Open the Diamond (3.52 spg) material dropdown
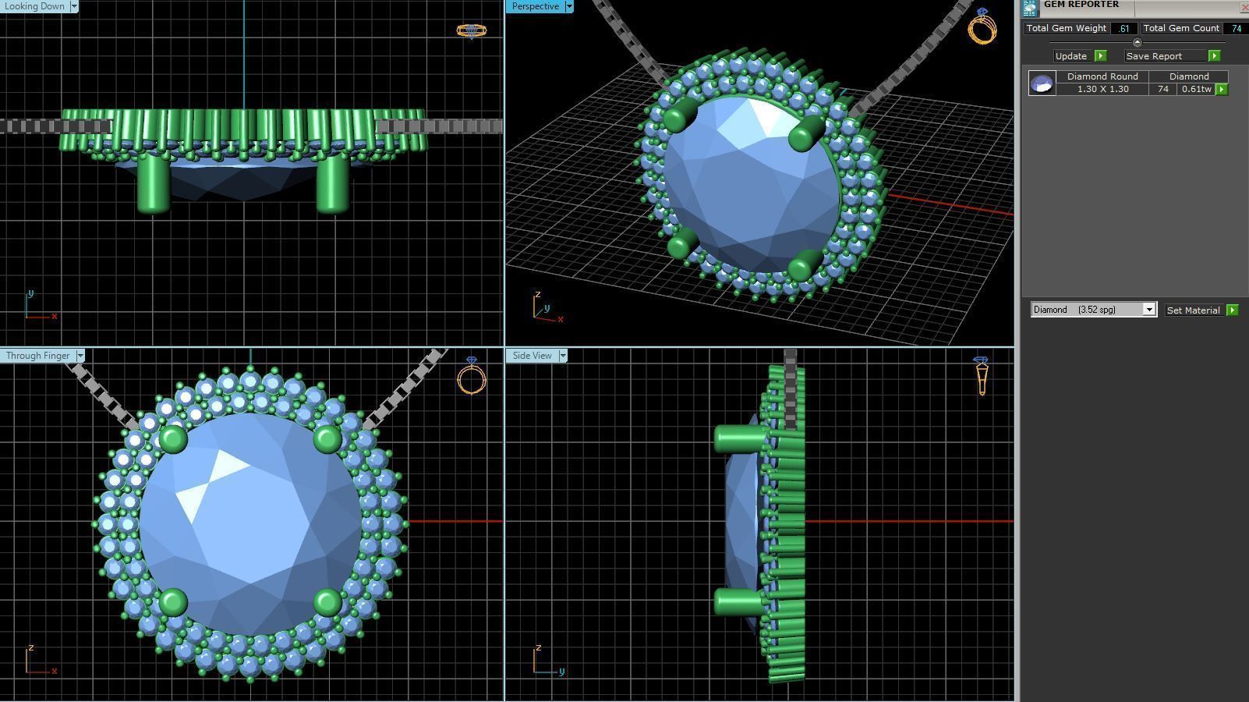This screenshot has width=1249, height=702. tap(1148, 310)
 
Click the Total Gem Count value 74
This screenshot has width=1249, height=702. tap(1236, 28)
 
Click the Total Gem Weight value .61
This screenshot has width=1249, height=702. tap(1123, 28)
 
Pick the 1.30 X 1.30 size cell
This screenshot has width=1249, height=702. tap(1102, 89)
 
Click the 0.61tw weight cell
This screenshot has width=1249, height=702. tap(1195, 89)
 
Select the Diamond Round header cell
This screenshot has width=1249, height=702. tap(1102, 76)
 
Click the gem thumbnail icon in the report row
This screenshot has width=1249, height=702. tap(1042, 83)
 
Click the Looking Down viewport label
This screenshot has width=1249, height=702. tap(34, 6)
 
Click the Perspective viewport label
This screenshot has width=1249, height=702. tap(536, 6)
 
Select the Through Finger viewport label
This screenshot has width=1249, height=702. tap(37, 356)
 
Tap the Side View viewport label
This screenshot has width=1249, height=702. tap(533, 356)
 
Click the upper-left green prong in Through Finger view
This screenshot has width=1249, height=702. tap(173, 439)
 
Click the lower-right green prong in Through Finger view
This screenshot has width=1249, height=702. tap(327, 601)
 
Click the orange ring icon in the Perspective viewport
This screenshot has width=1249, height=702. tap(982, 27)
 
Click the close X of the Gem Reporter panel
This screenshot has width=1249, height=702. tap(1243, 6)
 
